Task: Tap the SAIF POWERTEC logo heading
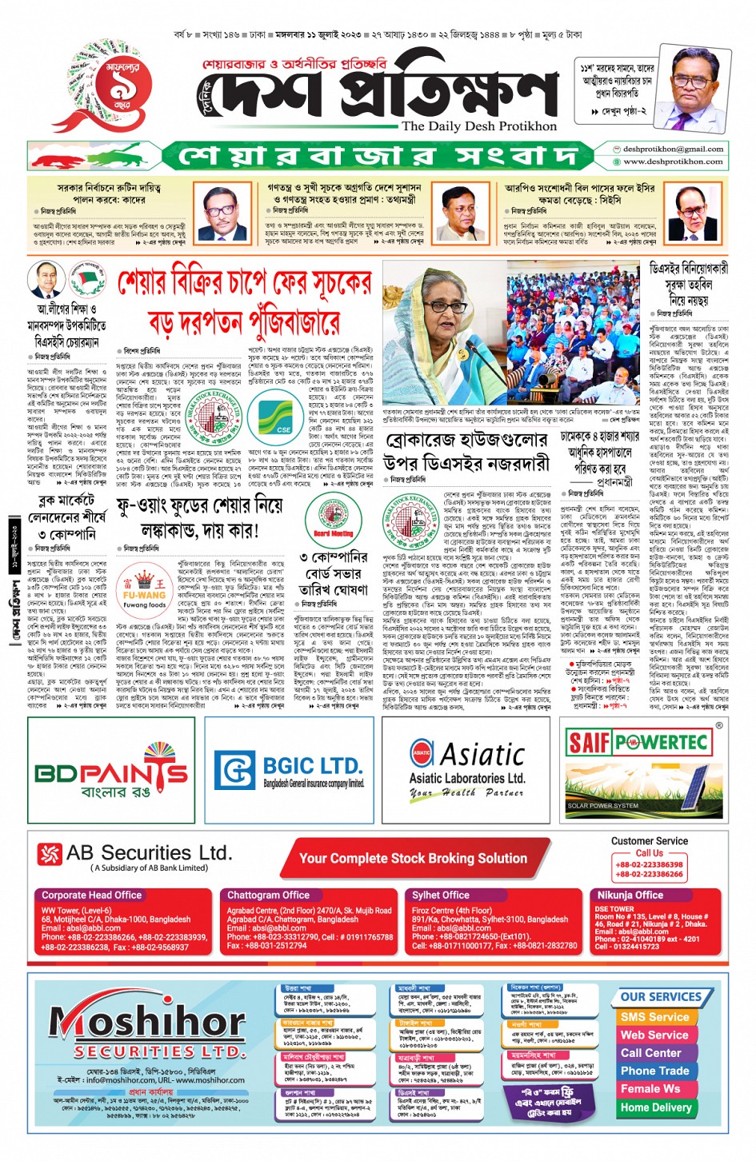[x=638, y=743]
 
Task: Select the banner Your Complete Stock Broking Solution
[x=413, y=858]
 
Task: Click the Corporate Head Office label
[x=92, y=896]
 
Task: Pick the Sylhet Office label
[x=441, y=896]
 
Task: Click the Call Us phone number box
[x=649, y=869]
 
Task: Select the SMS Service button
[x=654, y=1017]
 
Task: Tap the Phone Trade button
[x=654, y=1071]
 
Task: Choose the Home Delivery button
[x=656, y=1107]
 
